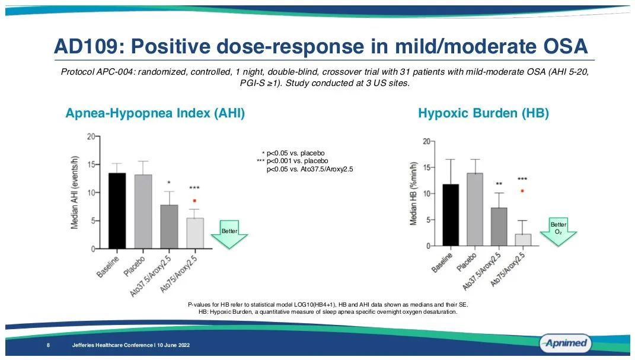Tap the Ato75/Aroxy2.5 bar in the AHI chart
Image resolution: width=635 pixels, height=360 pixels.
pos(194,233)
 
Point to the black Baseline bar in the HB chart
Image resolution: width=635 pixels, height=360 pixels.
pos(451,215)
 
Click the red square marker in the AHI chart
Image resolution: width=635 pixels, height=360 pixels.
pos(194,200)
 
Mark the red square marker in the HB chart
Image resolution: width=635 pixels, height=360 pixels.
pos(522,191)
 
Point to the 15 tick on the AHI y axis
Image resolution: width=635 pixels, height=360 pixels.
pos(91,164)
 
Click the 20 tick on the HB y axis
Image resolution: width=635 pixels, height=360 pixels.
pos(426,141)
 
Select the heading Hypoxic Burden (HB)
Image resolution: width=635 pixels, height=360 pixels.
pos(483,113)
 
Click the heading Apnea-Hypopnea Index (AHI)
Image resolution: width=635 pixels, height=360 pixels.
pos(155,113)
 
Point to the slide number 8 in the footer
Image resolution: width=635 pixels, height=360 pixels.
pos(47,345)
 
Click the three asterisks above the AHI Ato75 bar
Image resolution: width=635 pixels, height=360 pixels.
pos(194,189)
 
